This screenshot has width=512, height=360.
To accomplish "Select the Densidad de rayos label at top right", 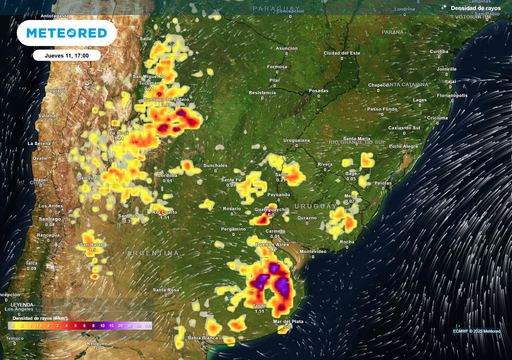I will (x=474, y=7).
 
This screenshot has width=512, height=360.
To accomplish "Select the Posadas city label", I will (x=318, y=90).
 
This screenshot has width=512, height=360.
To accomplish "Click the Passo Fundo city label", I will (x=378, y=108).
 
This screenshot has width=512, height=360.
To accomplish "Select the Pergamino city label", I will (x=234, y=229).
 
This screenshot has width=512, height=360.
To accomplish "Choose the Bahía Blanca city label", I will (x=213, y=339).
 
